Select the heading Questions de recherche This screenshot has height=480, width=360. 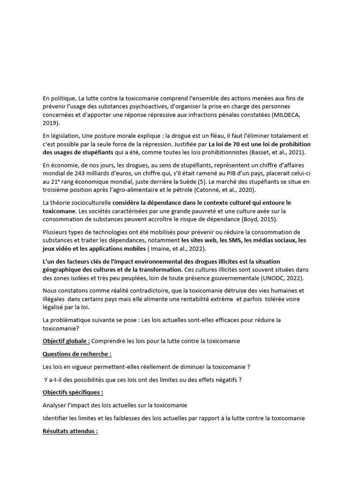click(x=77, y=354)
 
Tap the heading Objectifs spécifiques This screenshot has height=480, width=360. click(x=73, y=392)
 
